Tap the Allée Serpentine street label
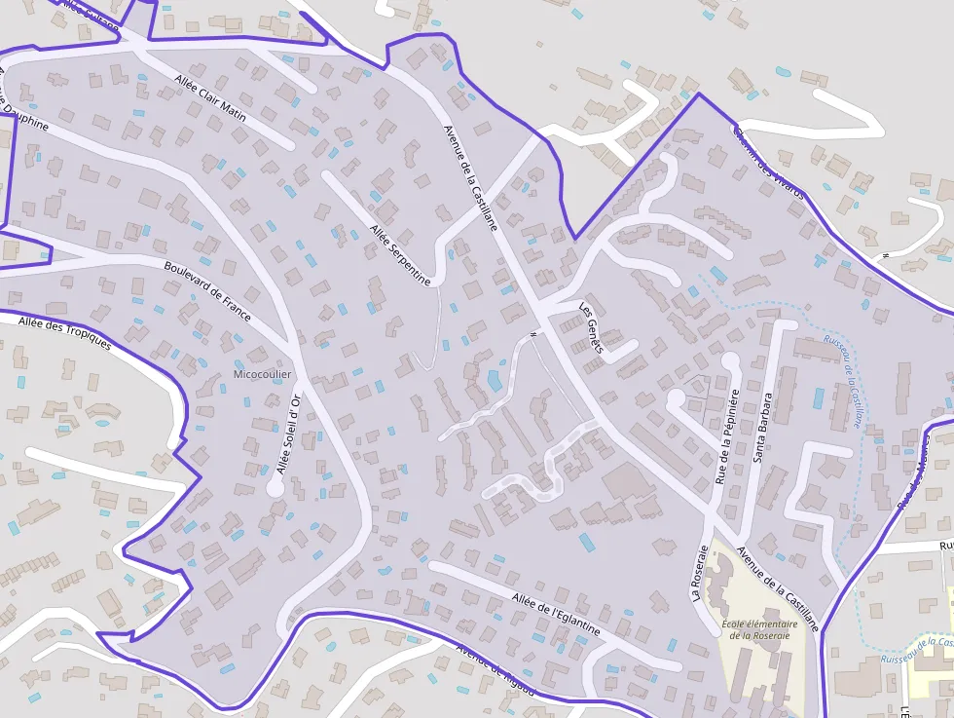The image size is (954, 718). pos(400,254)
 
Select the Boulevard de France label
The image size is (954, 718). pos(207,291)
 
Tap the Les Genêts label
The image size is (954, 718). pos(592,327)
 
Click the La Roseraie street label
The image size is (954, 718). pos(700,576)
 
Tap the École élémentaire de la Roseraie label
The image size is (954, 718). pos(760,629)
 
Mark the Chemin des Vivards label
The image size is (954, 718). pos(769,163)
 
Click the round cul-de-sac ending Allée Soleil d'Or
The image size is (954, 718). pos(275,488)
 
